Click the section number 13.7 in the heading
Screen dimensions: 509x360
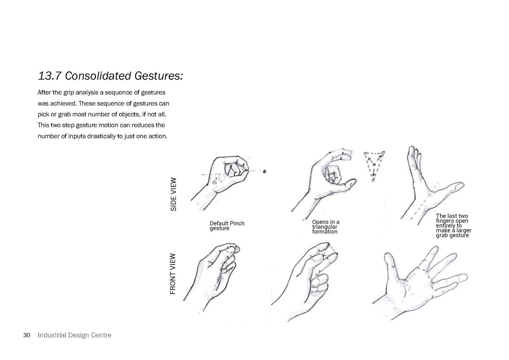pyautogui.click(x=50, y=76)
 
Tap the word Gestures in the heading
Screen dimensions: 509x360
pyautogui.click(x=158, y=76)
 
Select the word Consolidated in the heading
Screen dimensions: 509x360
pyautogui.click(x=98, y=76)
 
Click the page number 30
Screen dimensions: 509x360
pyautogui.click(x=26, y=335)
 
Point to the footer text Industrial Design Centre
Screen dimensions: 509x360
pyautogui.click(x=75, y=335)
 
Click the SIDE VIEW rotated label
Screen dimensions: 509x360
pyautogui.click(x=173, y=194)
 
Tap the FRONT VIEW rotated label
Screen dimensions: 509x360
pyautogui.click(x=173, y=274)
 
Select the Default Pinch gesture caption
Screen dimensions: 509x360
pyautogui.click(x=227, y=226)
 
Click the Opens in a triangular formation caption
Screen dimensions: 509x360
pyautogui.click(x=326, y=227)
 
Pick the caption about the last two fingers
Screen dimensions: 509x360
pyautogui.click(x=454, y=225)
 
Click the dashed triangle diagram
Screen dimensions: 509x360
pyautogui.click(x=374, y=166)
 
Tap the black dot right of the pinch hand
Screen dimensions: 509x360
pyautogui.click(x=264, y=172)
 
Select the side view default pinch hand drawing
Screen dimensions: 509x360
pyautogui.click(x=221, y=182)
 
